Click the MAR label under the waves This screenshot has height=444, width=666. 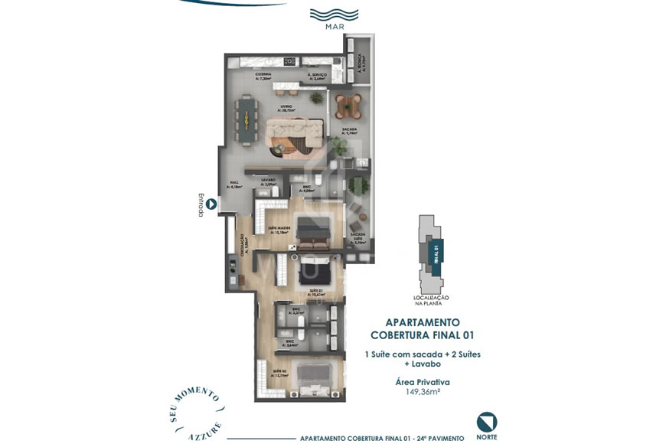click(x=333, y=27)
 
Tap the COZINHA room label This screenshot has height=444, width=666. click(x=264, y=76)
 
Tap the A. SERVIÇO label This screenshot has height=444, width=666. click(x=317, y=76)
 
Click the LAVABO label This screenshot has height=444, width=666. click(x=268, y=182)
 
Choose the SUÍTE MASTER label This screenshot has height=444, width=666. click(x=279, y=229)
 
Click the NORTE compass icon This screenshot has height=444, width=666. click(x=486, y=422)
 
